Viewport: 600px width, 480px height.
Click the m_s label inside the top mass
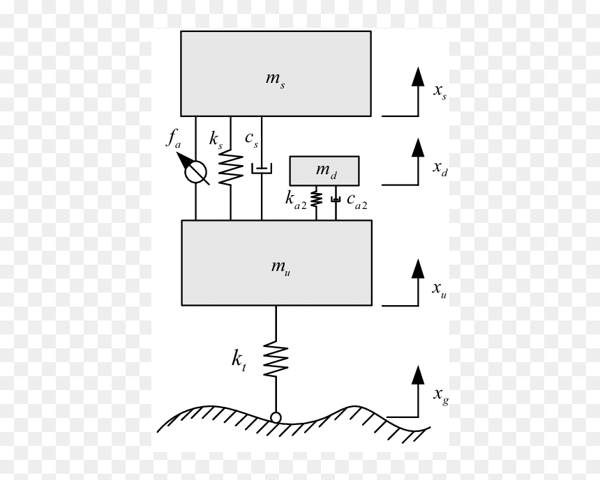click(275, 80)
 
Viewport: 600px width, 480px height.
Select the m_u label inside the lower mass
click(281, 268)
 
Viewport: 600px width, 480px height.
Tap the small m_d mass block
click(324, 171)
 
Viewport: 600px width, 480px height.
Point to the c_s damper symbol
click(262, 168)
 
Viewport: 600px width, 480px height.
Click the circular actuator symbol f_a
click(195, 172)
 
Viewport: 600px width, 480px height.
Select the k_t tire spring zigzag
click(276, 359)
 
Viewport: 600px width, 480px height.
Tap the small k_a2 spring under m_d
click(316, 199)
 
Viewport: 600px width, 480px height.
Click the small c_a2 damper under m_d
click(336, 199)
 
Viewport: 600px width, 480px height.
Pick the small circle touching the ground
click(276, 418)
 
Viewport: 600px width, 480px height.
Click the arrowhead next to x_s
click(418, 77)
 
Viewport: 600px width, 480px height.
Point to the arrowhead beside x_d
click(418, 148)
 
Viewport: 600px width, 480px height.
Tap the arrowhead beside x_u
click(418, 269)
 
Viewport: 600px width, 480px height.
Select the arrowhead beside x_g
click(418, 375)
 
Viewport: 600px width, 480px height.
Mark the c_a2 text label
click(357, 201)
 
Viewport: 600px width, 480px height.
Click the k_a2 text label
click(296, 200)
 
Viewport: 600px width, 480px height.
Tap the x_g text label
click(441, 396)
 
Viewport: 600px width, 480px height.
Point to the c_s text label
click(252, 139)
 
